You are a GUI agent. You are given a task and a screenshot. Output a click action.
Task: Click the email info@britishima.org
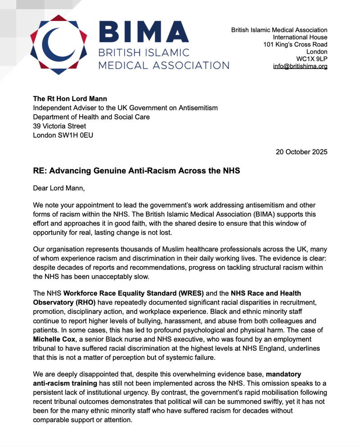300,66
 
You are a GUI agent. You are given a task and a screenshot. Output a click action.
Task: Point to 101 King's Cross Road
295,44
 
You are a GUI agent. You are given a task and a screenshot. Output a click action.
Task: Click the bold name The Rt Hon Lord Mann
68,98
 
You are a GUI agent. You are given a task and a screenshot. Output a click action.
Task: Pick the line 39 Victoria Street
59,126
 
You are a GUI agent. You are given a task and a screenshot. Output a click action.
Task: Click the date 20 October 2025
301,152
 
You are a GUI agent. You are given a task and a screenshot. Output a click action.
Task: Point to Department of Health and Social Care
91,117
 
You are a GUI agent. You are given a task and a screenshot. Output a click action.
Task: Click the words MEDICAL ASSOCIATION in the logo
164,65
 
